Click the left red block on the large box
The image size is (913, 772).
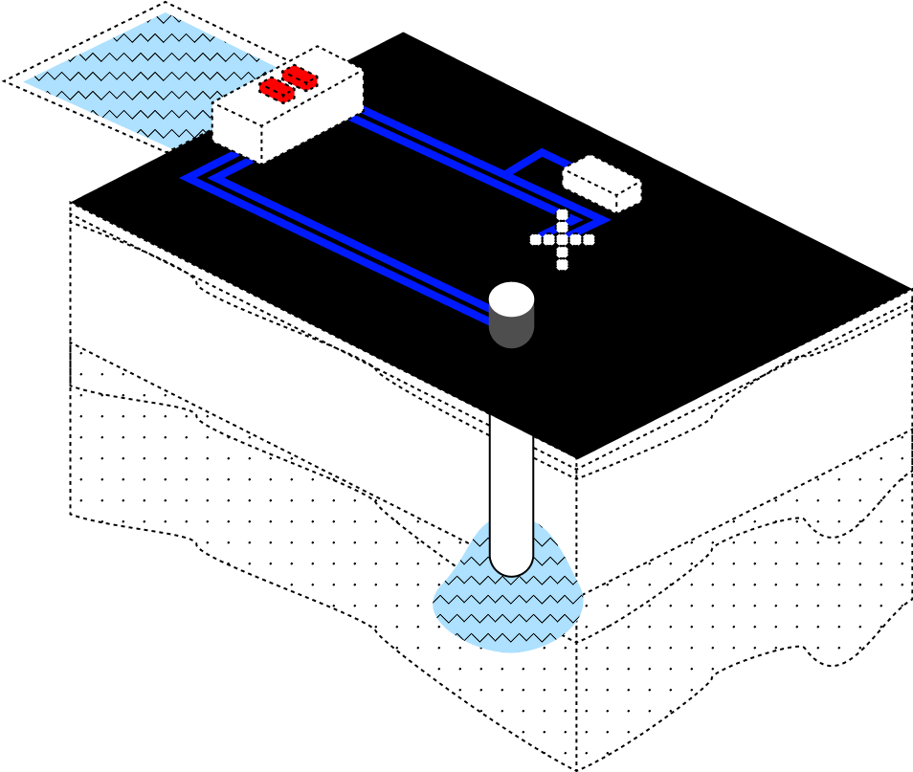pos(277,90)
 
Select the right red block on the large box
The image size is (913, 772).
pos(300,77)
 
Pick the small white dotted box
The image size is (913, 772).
pos(602,183)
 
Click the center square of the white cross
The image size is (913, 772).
pos(562,239)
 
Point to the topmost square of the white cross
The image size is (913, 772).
pos(562,214)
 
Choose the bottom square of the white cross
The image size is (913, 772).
pos(562,264)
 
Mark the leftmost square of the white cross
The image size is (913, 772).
pos(536,239)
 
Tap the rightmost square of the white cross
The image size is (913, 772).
pos(589,239)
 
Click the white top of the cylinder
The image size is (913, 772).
pos(511,298)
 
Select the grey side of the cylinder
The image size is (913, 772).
pos(511,330)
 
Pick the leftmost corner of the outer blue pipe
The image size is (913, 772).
pos(186,177)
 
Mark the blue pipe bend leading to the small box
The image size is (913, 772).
pos(542,152)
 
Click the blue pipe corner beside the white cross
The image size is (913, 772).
pos(601,220)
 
